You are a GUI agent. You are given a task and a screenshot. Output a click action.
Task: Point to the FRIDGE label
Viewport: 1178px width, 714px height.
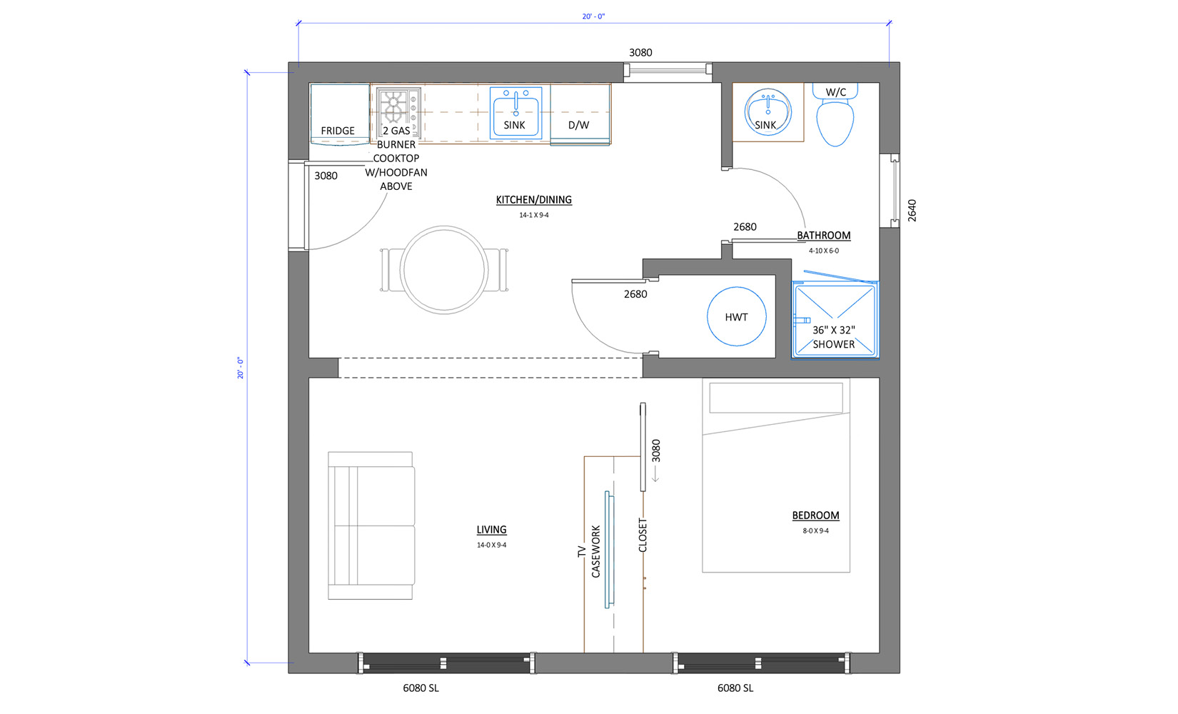(338, 131)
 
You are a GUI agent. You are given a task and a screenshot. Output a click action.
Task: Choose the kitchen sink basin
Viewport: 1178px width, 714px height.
(515, 113)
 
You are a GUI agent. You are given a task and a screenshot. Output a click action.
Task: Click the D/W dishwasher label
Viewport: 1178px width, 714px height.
(578, 125)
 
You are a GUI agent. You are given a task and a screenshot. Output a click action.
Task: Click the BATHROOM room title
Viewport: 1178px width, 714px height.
(824, 236)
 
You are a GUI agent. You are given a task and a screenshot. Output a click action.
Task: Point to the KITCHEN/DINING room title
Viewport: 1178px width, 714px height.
(534, 200)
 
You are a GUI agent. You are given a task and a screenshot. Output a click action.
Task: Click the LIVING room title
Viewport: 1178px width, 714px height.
(492, 530)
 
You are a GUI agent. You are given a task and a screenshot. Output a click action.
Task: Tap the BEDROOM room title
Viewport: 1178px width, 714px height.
(815, 516)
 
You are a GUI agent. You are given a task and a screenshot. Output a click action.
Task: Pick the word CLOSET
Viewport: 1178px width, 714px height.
(643, 535)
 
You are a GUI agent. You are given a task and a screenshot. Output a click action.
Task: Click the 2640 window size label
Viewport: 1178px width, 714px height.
(912, 211)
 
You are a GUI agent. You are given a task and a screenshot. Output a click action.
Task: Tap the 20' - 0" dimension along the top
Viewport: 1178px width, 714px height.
(593, 16)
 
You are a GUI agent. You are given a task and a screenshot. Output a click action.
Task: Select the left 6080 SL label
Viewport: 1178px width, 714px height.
(421, 688)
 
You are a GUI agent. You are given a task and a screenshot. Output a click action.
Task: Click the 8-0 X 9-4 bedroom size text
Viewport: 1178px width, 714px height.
(815, 531)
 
